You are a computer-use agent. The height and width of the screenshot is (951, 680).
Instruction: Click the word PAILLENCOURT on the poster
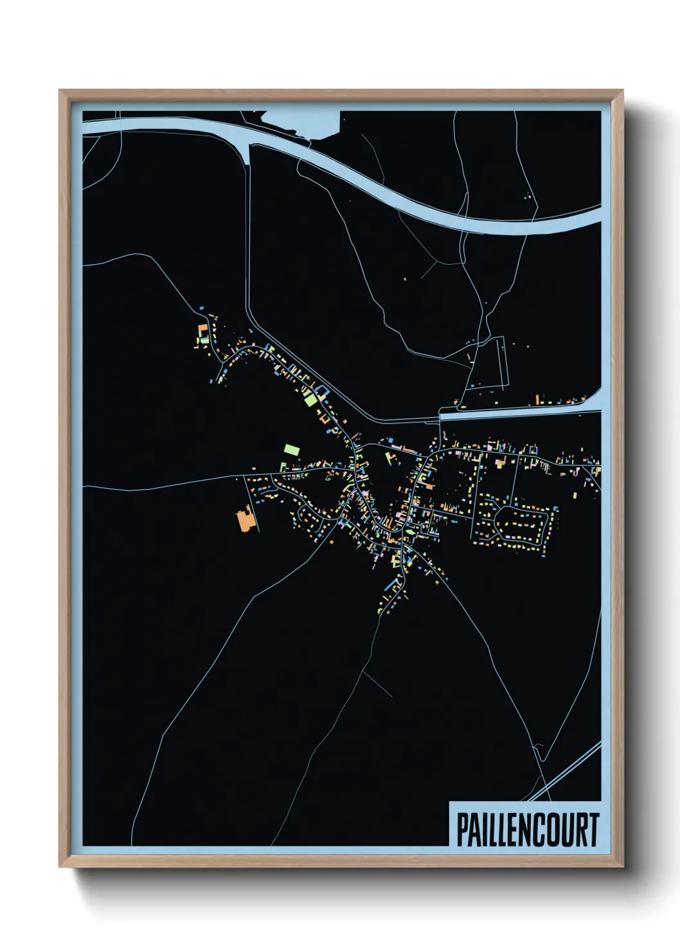[527, 830]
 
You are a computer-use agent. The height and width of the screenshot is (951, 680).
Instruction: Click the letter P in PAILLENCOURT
[462, 830]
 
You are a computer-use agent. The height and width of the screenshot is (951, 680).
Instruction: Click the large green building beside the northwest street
[310, 398]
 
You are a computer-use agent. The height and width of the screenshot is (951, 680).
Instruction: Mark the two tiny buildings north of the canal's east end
[529, 195]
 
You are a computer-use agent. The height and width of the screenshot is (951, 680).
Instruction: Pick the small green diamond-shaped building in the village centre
[389, 458]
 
